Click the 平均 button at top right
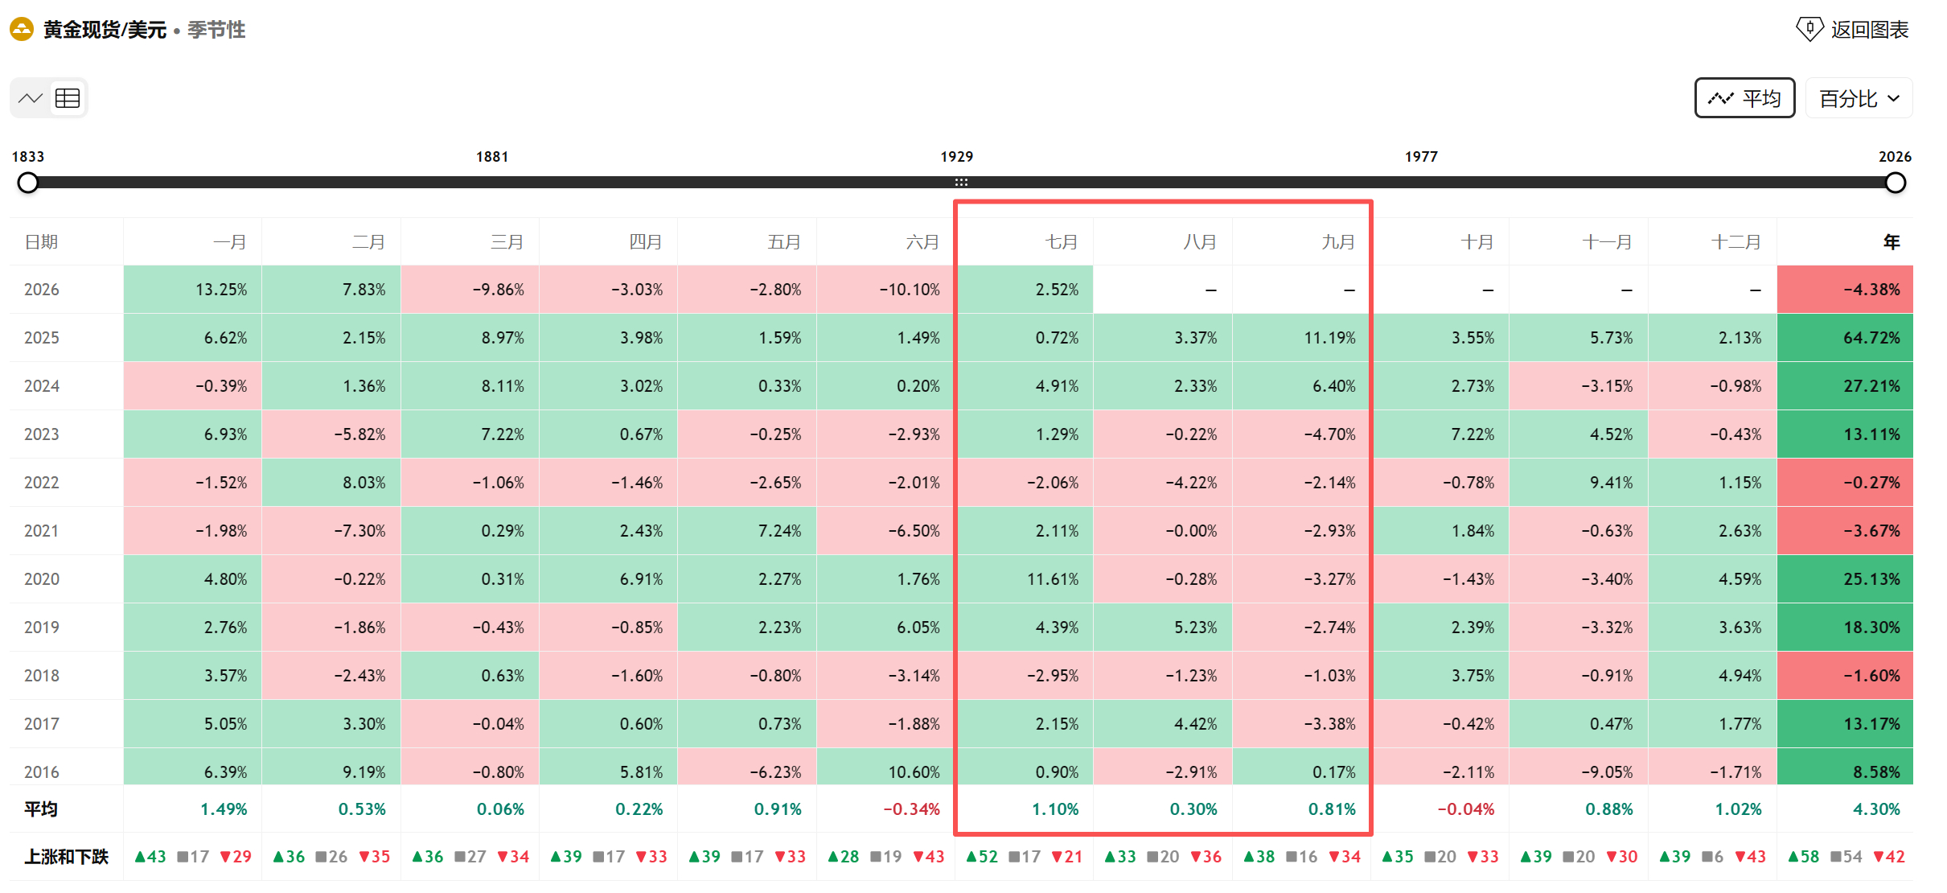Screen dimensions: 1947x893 coord(1744,98)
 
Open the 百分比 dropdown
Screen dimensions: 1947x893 coord(1859,98)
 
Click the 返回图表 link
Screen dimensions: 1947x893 coord(1853,30)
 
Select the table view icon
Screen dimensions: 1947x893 coord(68,98)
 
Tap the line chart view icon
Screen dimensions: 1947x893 coord(31,98)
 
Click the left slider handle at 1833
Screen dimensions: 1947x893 coord(28,183)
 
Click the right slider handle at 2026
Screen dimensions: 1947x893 coord(1896,183)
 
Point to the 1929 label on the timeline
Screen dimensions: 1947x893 coord(957,157)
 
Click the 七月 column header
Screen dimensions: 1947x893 coord(1061,242)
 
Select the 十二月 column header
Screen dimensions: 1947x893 coord(1736,242)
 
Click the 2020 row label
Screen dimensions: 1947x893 coord(42,579)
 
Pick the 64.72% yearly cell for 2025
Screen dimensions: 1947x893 coord(1846,338)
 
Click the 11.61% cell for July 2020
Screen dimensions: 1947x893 coord(1025,579)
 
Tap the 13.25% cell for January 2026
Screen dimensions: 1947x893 coord(193,290)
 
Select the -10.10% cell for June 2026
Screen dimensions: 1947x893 coord(886,290)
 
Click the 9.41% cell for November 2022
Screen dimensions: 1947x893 coord(1579,483)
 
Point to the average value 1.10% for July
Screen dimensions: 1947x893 coord(1055,809)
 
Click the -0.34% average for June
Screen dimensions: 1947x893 coord(912,809)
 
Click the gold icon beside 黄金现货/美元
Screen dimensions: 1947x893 coord(22,30)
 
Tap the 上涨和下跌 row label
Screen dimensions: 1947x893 coord(66,857)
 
